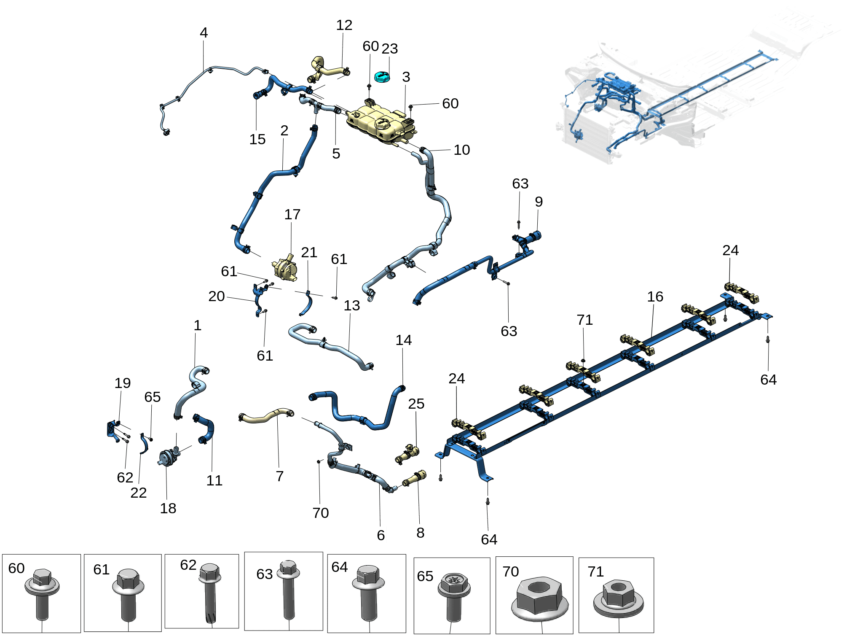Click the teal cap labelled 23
click(382, 77)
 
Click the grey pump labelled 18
click(168, 457)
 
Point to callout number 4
click(204, 32)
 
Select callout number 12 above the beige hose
click(344, 25)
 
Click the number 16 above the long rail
click(655, 296)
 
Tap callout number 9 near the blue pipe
click(539, 202)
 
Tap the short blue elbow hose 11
click(206, 428)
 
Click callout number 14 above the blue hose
click(403, 340)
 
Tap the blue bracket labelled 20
click(257, 300)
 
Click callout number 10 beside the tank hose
click(461, 150)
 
